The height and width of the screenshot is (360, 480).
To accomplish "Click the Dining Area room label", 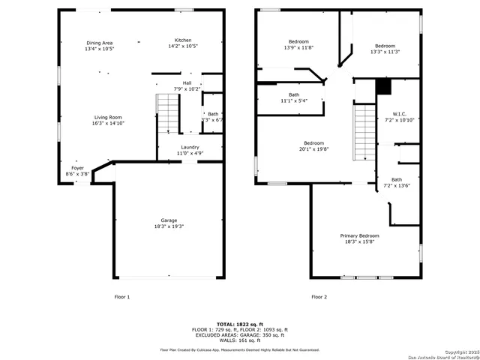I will tap(99, 43).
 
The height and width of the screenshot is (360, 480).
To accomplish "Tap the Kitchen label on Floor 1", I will tap(183, 40).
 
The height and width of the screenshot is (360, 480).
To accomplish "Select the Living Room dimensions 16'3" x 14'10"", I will tap(108, 123).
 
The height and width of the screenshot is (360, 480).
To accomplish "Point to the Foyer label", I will tap(77, 168).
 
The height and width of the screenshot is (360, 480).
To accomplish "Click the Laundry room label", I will tap(190, 148).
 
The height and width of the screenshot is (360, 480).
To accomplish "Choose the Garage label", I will tap(168, 220).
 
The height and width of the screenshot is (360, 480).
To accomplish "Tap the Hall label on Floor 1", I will tap(187, 83).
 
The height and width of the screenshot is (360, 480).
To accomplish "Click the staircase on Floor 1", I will tap(168, 113).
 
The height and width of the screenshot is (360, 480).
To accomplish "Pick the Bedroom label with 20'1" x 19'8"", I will tap(313, 143).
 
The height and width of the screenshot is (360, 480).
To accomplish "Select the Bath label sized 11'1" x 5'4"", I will tap(294, 94).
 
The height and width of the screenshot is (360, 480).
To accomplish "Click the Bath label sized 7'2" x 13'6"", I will tap(396, 179).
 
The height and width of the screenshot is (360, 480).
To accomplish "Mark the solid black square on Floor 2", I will tap(383, 86).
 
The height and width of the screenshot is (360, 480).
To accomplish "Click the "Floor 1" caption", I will tap(121, 297).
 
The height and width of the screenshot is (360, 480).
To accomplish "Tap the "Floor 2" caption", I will tap(320, 297).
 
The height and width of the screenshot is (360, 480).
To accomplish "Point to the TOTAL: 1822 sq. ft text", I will tap(239, 323).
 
